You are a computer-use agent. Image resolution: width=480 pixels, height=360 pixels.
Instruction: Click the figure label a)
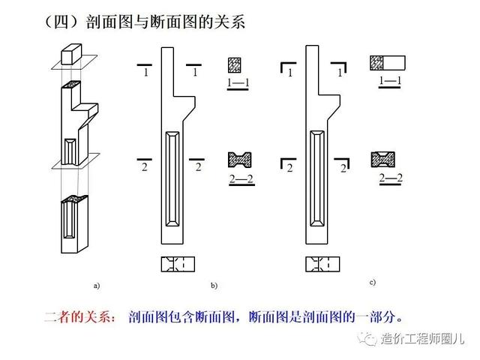pos(96,286)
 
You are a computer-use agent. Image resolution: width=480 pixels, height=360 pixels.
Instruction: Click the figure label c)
pos(372,283)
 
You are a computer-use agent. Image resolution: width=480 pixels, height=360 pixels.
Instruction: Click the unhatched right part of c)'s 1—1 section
pos(397,62)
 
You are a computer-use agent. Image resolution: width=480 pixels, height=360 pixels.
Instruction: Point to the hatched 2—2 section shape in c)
pos(383,159)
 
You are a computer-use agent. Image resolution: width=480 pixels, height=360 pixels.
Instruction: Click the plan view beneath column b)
pos(178,264)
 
